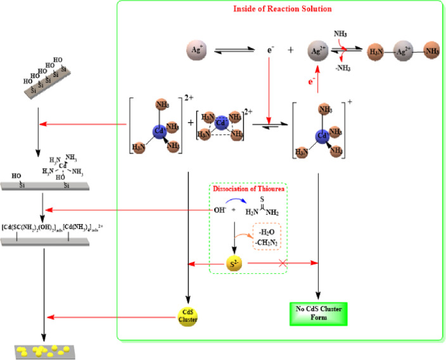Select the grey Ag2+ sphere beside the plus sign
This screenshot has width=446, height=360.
pos(319,49)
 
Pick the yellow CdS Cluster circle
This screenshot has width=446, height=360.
pos(188,316)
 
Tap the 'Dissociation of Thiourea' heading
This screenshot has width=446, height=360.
pos(248,189)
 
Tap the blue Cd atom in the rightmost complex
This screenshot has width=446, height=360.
pos(322,135)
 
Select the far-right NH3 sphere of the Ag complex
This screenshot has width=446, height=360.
pos(432,49)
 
